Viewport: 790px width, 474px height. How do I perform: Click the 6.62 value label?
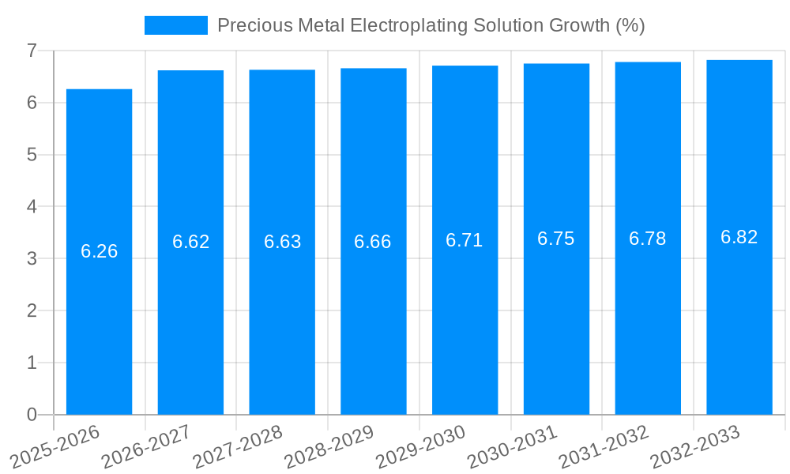(x=191, y=242)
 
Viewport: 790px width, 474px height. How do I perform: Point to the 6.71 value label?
(x=465, y=240)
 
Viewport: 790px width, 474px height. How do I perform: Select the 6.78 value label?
(x=648, y=239)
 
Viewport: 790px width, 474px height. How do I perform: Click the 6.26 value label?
(x=100, y=251)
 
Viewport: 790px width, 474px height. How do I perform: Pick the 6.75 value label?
(x=556, y=239)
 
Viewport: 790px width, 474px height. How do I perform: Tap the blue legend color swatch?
(x=175, y=25)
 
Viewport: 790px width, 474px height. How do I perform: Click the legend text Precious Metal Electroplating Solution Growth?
(x=431, y=25)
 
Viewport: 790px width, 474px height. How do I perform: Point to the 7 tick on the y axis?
(x=32, y=51)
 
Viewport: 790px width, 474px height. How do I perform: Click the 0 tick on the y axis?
(x=32, y=415)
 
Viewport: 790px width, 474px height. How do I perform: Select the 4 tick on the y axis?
(x=32, y=207)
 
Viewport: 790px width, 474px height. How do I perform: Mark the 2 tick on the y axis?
(x=32, y=310)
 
